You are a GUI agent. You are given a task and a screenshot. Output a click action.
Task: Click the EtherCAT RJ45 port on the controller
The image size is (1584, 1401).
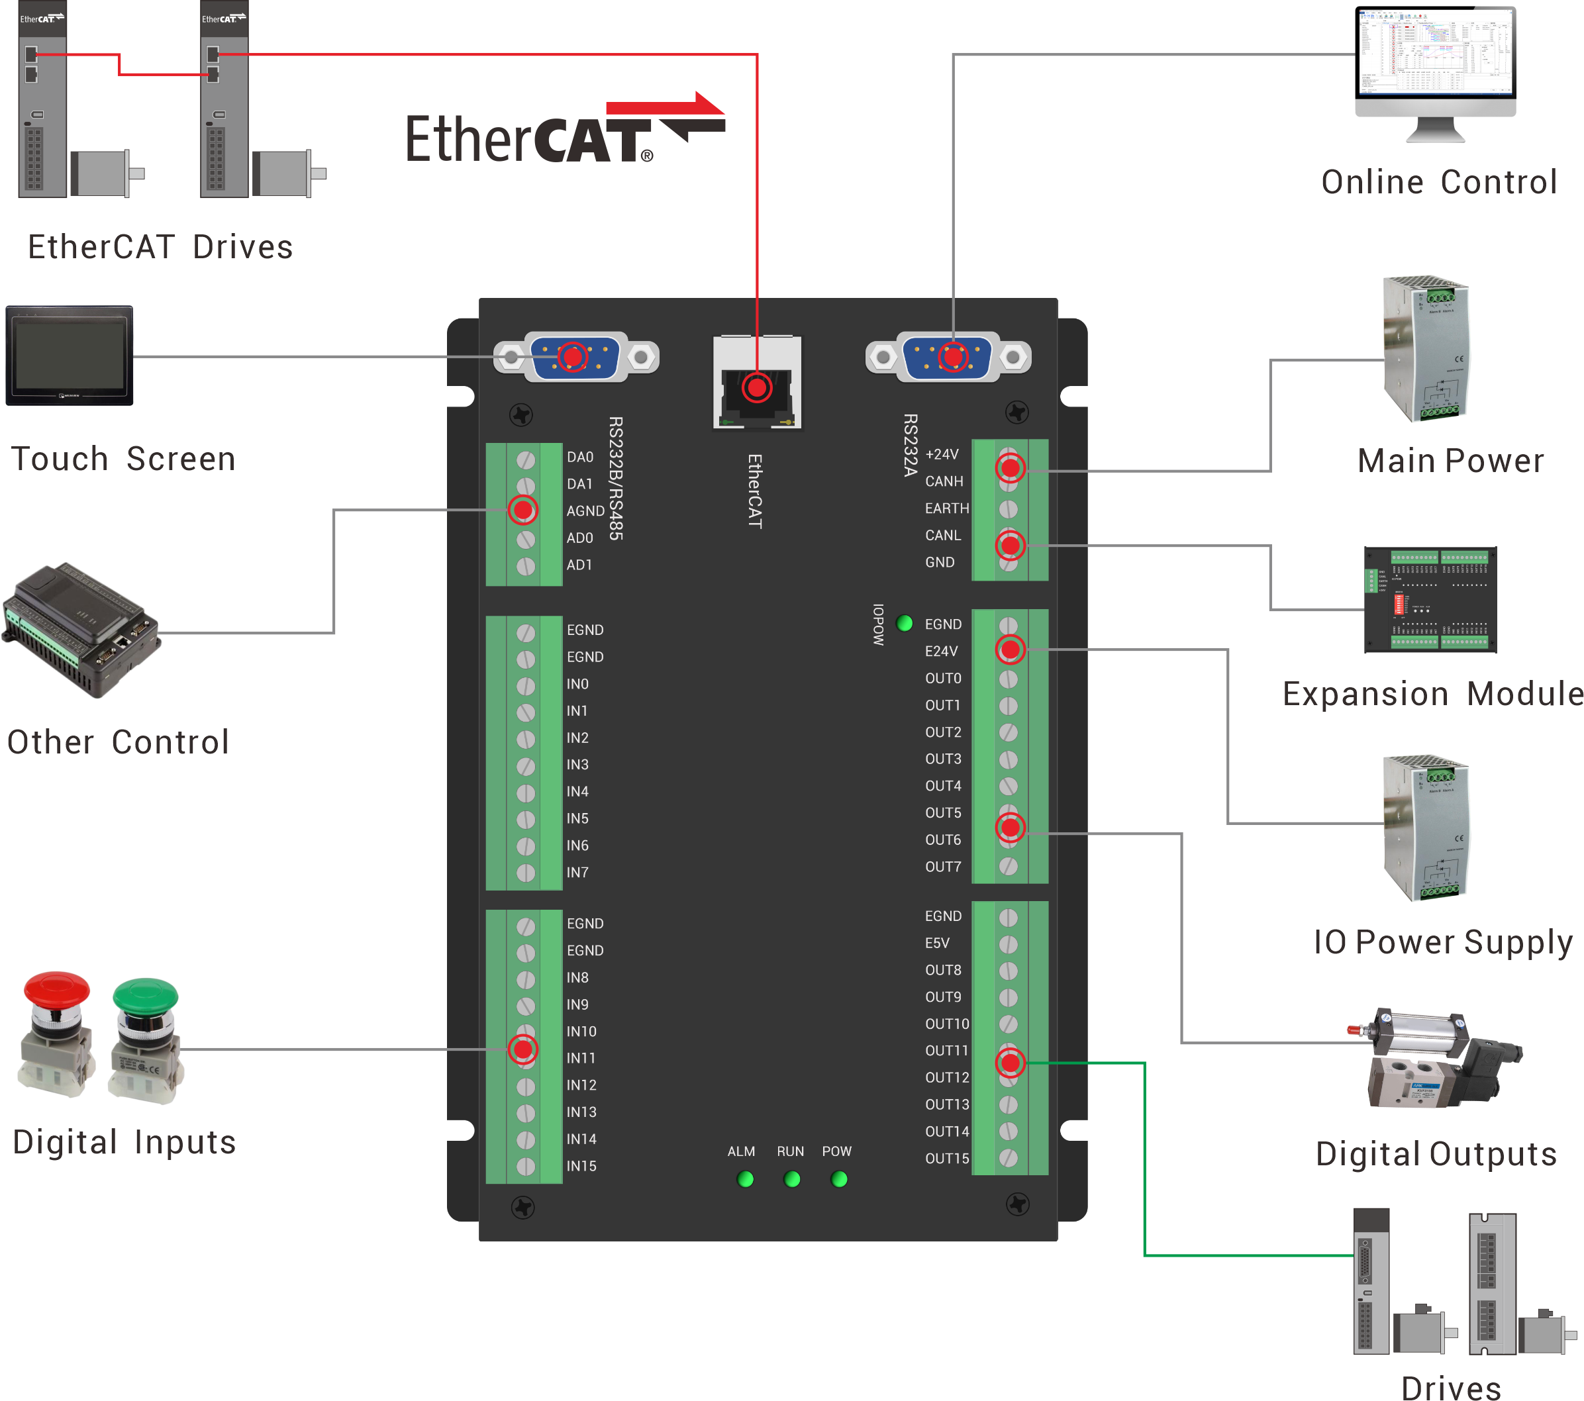pyautogui.click(x=757, y=383)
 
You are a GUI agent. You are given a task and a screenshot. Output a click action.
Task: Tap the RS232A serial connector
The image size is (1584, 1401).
pyautogui.click(x=948, y=358)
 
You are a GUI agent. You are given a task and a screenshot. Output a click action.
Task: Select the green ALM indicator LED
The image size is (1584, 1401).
pyautogui.click(x=746, y=1179)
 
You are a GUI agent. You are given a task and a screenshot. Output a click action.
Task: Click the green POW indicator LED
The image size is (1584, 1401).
pyautogui.click(x=838, y=1179)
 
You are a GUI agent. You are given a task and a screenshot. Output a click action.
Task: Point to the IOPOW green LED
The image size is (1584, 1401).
pyautogui.click(x=905, y=623)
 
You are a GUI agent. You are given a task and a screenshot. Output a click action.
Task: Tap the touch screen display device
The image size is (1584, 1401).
pyautogui.click(x=70, y=356)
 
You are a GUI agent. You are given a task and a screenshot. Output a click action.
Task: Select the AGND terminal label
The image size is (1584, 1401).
pyautogui.click(x=585, y=510)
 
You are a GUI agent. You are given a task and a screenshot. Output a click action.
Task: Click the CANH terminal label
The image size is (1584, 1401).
pyautogui.click(x=944, y=481)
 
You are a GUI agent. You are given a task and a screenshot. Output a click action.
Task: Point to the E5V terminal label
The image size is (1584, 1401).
pyautogui.click(x=937, y=943)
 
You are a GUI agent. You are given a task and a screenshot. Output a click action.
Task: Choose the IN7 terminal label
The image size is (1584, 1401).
pyautogui.click(x=577, y=873)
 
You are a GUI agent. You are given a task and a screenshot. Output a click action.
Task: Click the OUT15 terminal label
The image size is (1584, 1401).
pyautogui.click(x=947, y=1159)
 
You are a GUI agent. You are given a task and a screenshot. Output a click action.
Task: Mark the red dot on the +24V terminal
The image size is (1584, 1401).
pyautogui.click(x=1011, y=467)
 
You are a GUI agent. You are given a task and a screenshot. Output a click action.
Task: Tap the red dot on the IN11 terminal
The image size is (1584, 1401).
pyautogui.click(x=523, y=1050)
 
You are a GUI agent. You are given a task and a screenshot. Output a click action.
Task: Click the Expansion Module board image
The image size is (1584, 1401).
pyautogui.click(x=1430, y=600)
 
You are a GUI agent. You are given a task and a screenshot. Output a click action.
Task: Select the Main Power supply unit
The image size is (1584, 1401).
pyautogui.click(x=1426, y=349)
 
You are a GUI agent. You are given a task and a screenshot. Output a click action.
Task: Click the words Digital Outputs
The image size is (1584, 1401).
pyautogui.click(x=1436, y=1154)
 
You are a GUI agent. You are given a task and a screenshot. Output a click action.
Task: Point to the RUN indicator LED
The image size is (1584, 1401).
pyautogui.click(x=792, y=1179)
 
